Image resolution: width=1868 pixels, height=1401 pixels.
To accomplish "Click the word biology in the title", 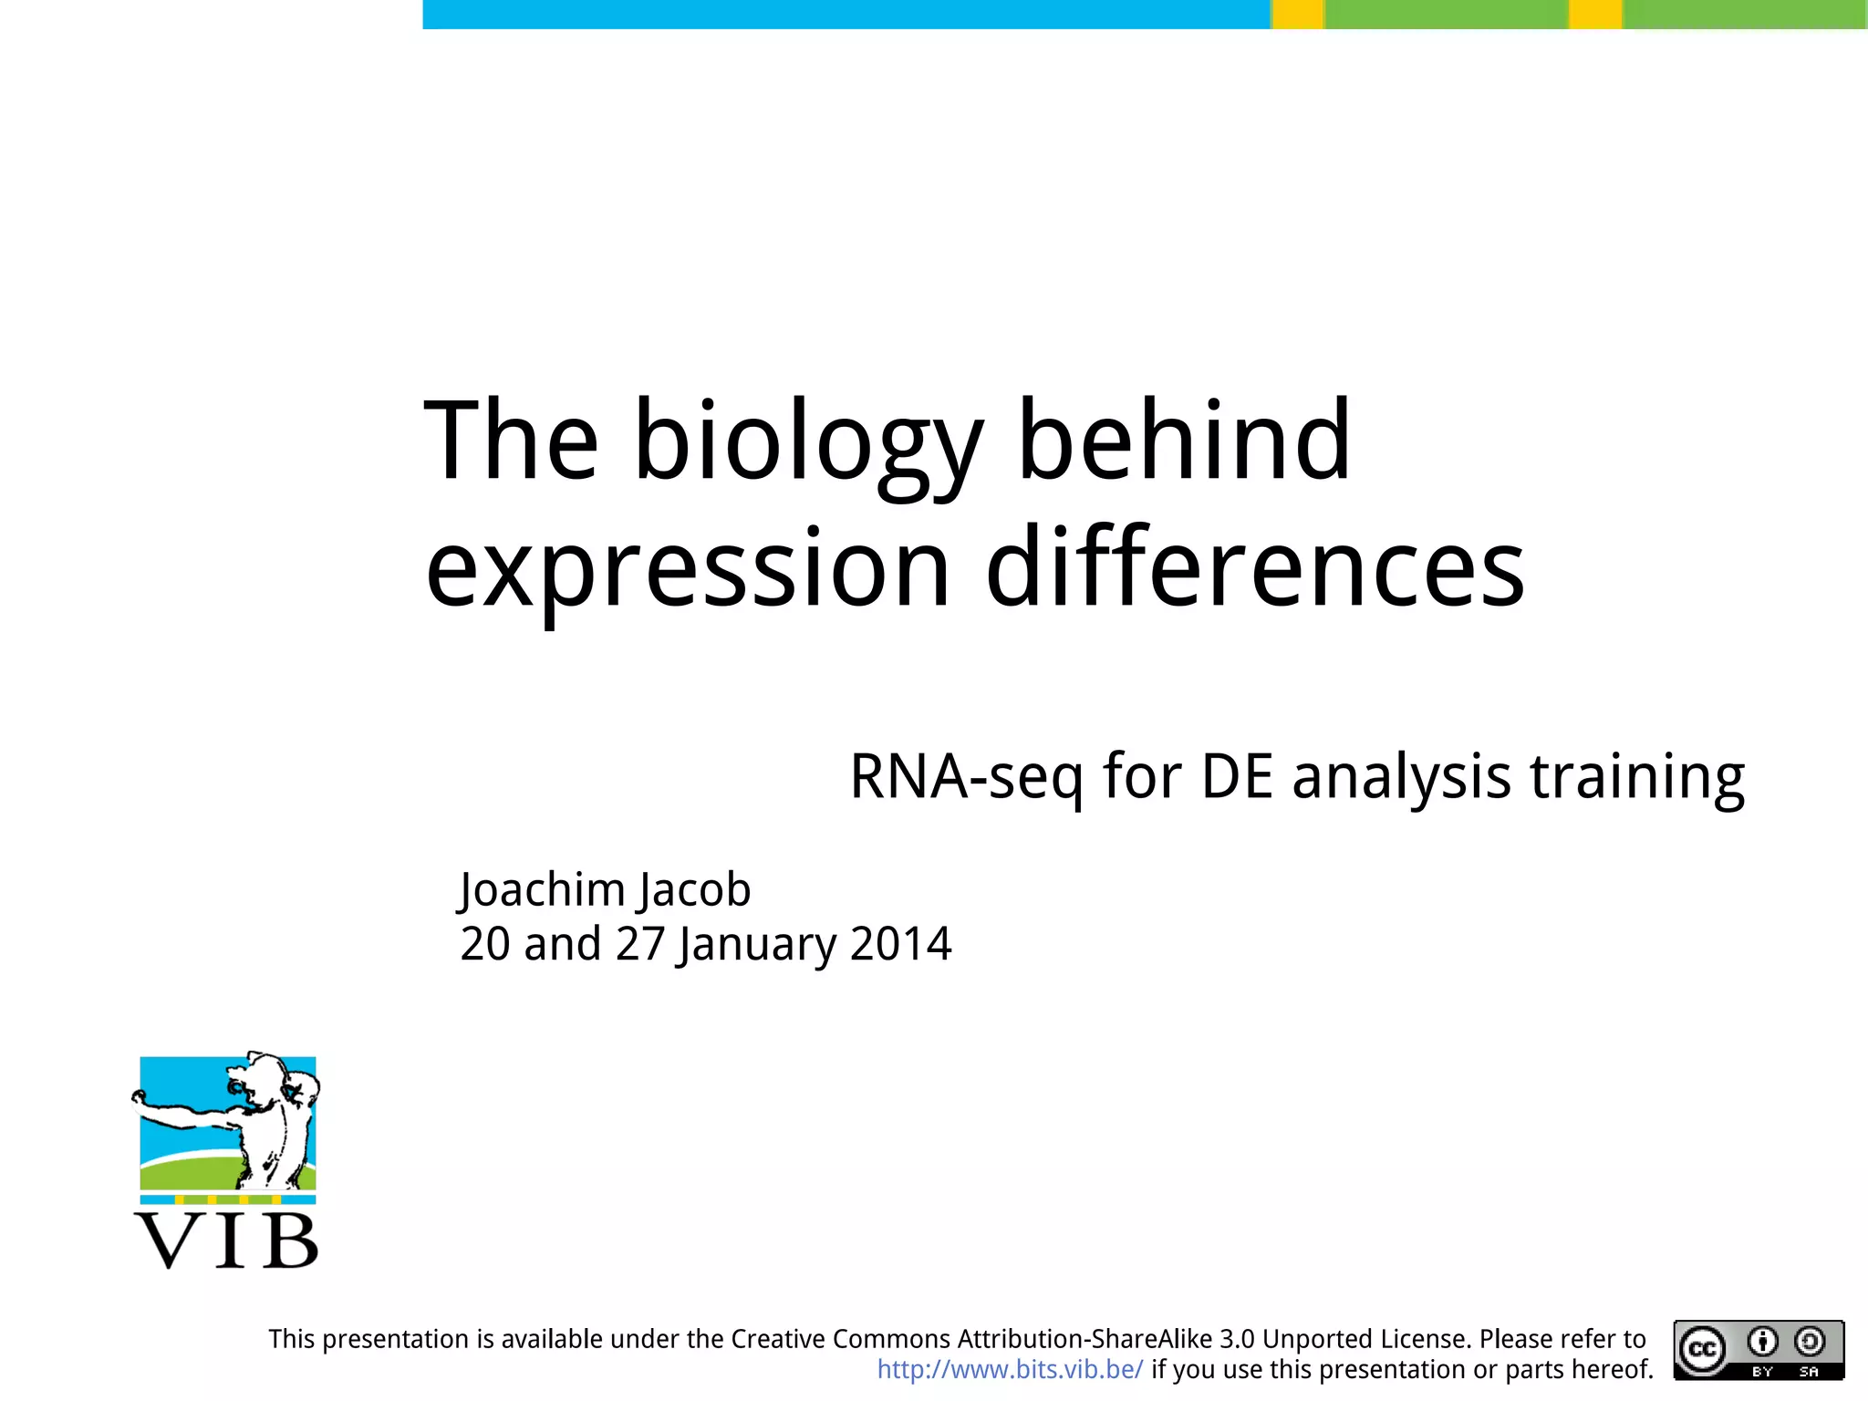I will (808, 442).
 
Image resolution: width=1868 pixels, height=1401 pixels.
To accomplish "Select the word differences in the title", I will (1255, 570).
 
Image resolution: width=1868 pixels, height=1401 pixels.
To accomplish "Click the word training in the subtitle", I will (1637, 778).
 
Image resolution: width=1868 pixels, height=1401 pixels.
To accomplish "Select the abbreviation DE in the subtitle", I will (1236, 778).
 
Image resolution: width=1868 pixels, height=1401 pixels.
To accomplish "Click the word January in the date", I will (756, 944).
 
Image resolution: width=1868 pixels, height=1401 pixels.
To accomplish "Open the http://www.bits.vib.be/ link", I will (1010, 1370).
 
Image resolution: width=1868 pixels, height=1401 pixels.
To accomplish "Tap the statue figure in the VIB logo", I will (270, 1122).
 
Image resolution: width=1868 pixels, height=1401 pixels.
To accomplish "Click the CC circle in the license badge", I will (1703, 1349).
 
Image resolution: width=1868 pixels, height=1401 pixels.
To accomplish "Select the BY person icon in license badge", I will (1762, 1343).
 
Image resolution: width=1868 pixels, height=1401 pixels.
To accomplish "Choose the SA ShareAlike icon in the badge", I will (1810, 1343).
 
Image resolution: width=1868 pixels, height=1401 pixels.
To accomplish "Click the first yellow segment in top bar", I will (1297, 14).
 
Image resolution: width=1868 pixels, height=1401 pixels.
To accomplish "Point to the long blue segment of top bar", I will (846, 14).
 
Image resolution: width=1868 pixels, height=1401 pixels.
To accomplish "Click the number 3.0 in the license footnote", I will (1238, 1339).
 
